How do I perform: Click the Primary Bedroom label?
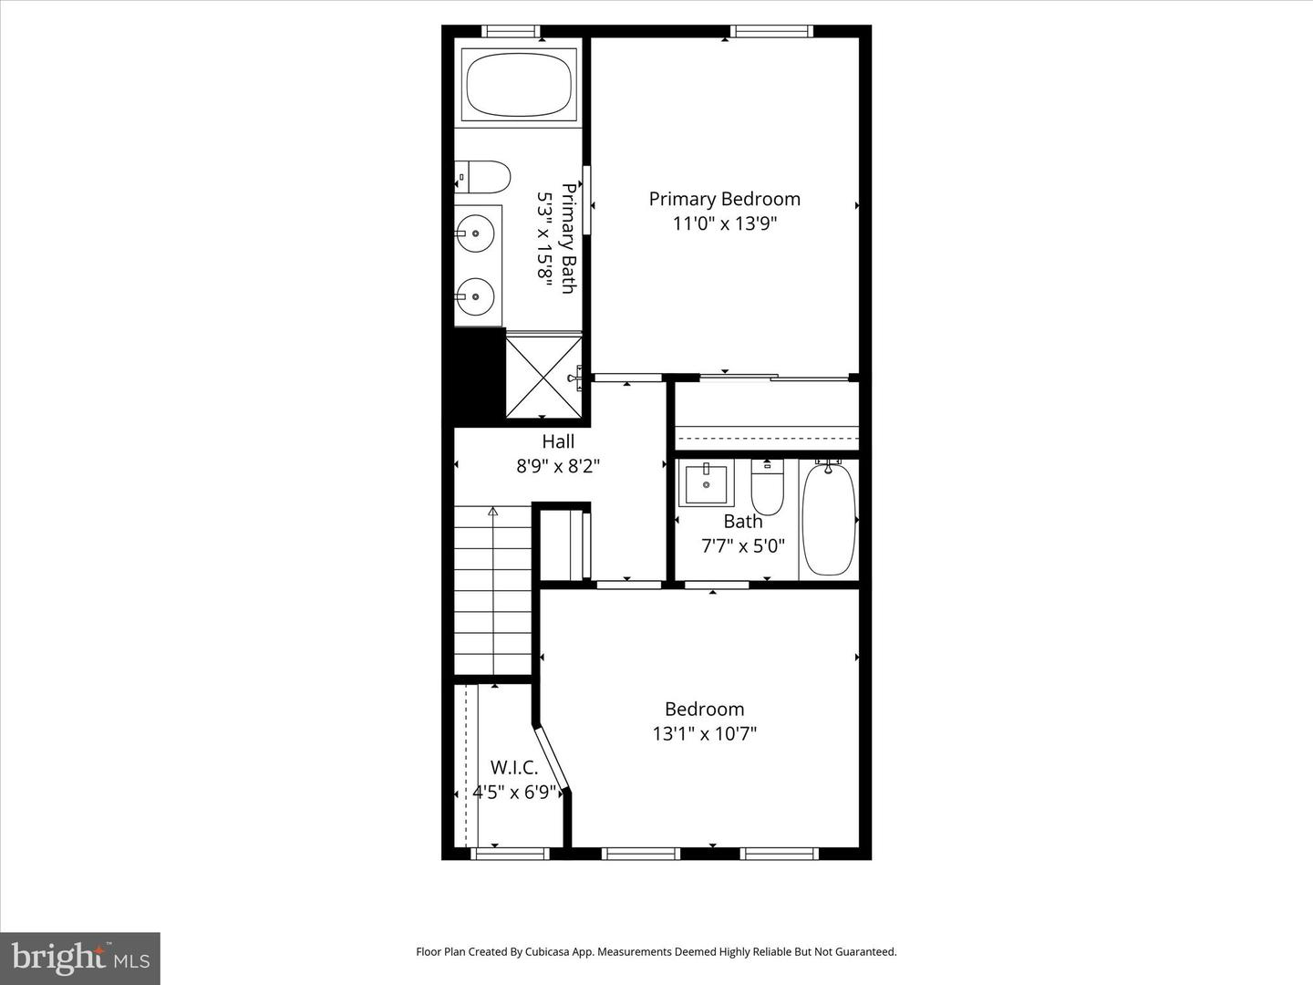pyautogui.click(x=724, y=199)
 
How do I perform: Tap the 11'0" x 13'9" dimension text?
pyautogui.click(x=724, y=223)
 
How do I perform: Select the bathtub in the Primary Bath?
pyautogui.click(x=520, y=84)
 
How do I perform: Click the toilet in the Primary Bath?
pyautogui.click(x=484, y=177)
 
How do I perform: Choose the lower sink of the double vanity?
pyautogui.click(x=476, y=295)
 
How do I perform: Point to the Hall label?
pyautogui.click(x=558, y=441)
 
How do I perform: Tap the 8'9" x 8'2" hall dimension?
pyautogui.click(x=558, y=466)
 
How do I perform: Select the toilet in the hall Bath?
pyautogui.click(x=767, y=488)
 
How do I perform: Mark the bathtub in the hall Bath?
pyautogui.click(x=829, y=518)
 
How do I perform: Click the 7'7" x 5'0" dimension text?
pyautogui.click(x=742, y=546)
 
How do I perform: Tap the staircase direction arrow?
pyautogui.click(x=493, y=512)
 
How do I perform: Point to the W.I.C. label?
pyautogui.click(x=514, y=768)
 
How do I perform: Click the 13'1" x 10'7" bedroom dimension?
pyautogui.click(x=705, y=733)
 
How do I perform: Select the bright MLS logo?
pyautogui.click(x=79, y=958)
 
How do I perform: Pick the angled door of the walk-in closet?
pyautogui.click(x=553, y=756)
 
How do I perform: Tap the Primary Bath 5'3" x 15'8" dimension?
pyautogui.click(x=545, y=239)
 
